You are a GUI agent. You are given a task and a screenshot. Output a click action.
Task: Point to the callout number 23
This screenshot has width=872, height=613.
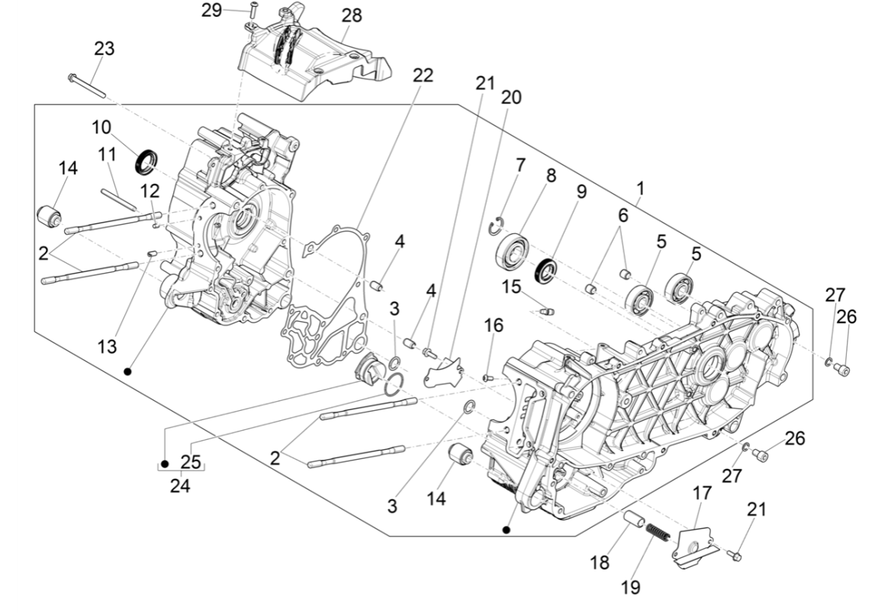click(x=105, y=48)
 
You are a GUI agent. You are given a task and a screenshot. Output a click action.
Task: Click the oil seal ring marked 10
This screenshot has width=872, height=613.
click(x=146, y=162)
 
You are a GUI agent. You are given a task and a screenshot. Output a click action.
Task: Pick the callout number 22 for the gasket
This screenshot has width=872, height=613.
click(x=423, y=75)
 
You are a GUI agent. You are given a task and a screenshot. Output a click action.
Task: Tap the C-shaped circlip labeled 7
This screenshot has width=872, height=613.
click(x=495, y=223)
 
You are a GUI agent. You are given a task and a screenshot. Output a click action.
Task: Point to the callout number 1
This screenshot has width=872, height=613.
click(x=640, y=187)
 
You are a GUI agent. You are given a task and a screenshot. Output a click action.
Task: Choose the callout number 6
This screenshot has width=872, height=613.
click(x=623, y=216)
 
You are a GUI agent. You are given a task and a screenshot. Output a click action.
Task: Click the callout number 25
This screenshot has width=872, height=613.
click(x=190, y=462)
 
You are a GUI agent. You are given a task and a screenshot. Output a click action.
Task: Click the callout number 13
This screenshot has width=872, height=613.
click(x=107, y=347)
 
